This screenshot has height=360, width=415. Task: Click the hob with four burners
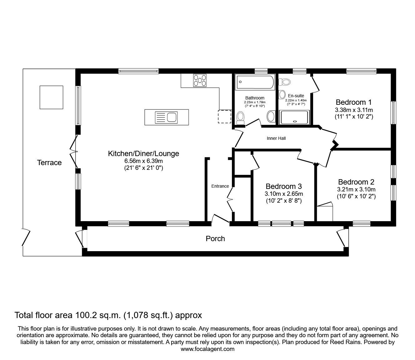click(x=200, y=80)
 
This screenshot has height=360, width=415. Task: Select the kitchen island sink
click(x=166, y=118)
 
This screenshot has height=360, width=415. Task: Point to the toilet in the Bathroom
click(x=240, y=118)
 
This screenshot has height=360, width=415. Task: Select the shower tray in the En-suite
click(x=294, y=118)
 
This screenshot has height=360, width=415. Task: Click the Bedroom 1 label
click(x=354, y=102)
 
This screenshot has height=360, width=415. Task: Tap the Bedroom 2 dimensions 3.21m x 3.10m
click(x=356, y=189)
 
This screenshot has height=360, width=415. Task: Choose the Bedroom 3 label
click(x=283, y=186)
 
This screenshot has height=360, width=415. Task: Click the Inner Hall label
click(x=276, y=138)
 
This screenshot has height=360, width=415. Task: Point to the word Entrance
click(x=220, y=186)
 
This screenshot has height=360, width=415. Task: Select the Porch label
click(x=215, y=239)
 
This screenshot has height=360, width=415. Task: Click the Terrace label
click(x=49, y=163)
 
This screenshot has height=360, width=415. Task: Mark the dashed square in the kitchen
click(x=224, y=117)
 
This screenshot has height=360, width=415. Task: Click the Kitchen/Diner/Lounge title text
click(x=143, y=154)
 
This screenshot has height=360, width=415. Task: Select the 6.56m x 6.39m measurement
click(x=143, y=161)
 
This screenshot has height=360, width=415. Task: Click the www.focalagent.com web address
click(x=207, y=349)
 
